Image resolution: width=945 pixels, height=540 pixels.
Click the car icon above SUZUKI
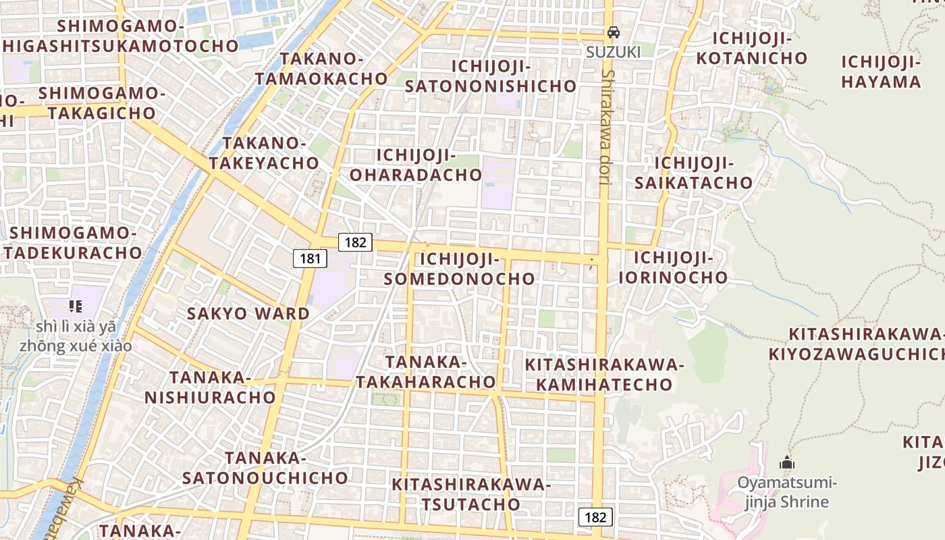pyautogui.click(x=613, y=32)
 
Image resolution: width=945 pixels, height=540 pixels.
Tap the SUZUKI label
pyautogui.click(x=612, y=51)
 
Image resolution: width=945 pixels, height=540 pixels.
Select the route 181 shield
pyautogui.click(x=310, y=258)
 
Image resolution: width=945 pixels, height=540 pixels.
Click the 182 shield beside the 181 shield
pyautogui.click(x=355, y=242)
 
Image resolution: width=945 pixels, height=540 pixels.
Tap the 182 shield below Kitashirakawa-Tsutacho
pyautogui.click(x=595, y=517)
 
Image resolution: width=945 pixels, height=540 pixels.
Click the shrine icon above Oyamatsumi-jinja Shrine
pyautogui.click(x=786, y=463)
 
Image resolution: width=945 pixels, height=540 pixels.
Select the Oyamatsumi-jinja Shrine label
pyautogui.click(x=786, y=492)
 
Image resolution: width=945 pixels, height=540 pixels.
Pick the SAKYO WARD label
pyautogui.click(x=248, y=313)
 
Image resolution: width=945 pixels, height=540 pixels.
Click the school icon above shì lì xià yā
pyautogui.click(x=76, y=306)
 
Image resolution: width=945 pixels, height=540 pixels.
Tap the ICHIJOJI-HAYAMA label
pyautogui.click(x=881, y=72)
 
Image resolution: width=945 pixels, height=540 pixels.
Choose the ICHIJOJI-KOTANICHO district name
pyautogui.click(x=751, y=48)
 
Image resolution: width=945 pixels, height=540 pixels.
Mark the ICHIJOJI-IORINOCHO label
pyautogui.click(x=673, y=267)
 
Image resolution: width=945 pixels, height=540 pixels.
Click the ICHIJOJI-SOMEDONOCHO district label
pyautogui.click(x=459, y=269)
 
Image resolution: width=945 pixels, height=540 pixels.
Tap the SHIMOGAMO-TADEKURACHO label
pyautogui.click(x=74, y=243)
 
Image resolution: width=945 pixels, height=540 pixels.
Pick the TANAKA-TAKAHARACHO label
pyautogui.click(x=426, y=372)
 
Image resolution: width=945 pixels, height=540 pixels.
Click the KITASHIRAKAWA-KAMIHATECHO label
pyautogui.click(x=604, y=375)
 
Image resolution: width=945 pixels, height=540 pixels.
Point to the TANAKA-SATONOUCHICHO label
pyautogui.click(x=265, y=468)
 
